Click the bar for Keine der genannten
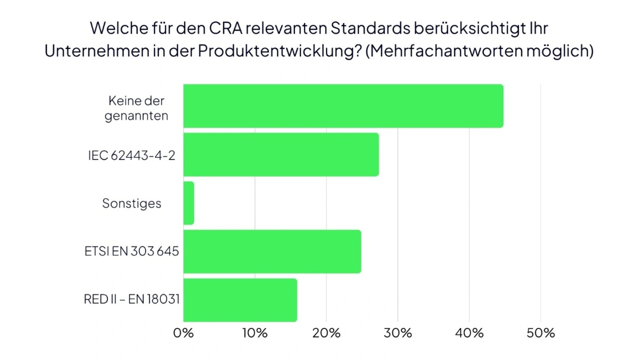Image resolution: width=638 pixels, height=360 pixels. pyautogui.click(x=343, y=106)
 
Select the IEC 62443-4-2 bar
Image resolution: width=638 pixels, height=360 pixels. pyautogui.click(x=281, y=155)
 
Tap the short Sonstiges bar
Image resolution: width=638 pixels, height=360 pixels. pyautogui.click(x=188, y=203)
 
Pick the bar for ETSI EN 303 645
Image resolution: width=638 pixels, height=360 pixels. pyautogui.click(x=272, y=251)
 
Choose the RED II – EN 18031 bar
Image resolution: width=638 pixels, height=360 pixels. pyautogui.click(x=240, y=300)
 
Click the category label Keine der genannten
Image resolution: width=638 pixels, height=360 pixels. pyautogui.click(x=136, y=108)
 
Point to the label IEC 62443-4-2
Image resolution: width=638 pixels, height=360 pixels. pyautogui.click(x=132, y=155)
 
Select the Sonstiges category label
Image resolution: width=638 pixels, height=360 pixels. pyautogui.click(x=132, y=203)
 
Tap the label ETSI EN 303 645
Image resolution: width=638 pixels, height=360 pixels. pyautogui.click(x=132, y=251)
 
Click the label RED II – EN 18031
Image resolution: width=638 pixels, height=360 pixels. pyautogui.click(x=132, y=299)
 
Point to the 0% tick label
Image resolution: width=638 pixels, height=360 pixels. pyautogui.click(x=183, y=333)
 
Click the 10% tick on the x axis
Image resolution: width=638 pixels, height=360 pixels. pyautogui.click(x=255, y=333)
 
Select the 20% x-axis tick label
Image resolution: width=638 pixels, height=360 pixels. pyautogui.click(x=326, y=333)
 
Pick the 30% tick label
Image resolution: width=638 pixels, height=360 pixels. pyautogui.click(x=398, y=333)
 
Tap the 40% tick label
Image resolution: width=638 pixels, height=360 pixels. pyautogui.click(x=470, y=333)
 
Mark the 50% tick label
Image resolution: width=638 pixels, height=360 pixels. pyautogui.click(x=541, y=333)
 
